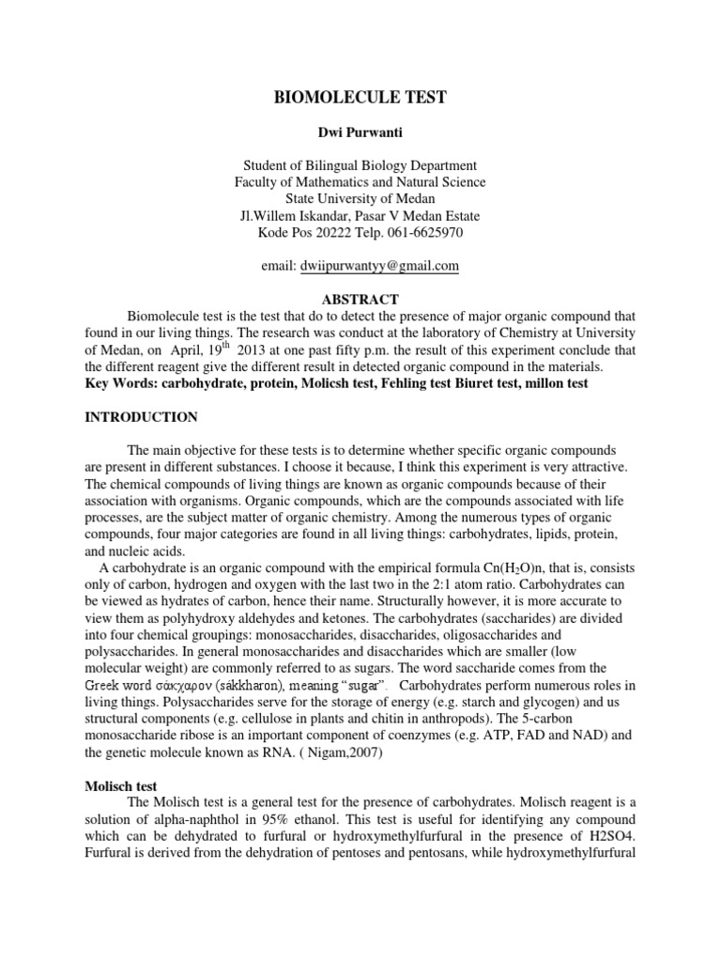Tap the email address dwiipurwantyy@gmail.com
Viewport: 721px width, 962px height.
pos(380,267)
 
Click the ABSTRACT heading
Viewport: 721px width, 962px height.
pos(360,298)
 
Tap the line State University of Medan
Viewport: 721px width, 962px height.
pos(360,199)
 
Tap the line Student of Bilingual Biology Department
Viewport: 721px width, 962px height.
pos(360,166)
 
